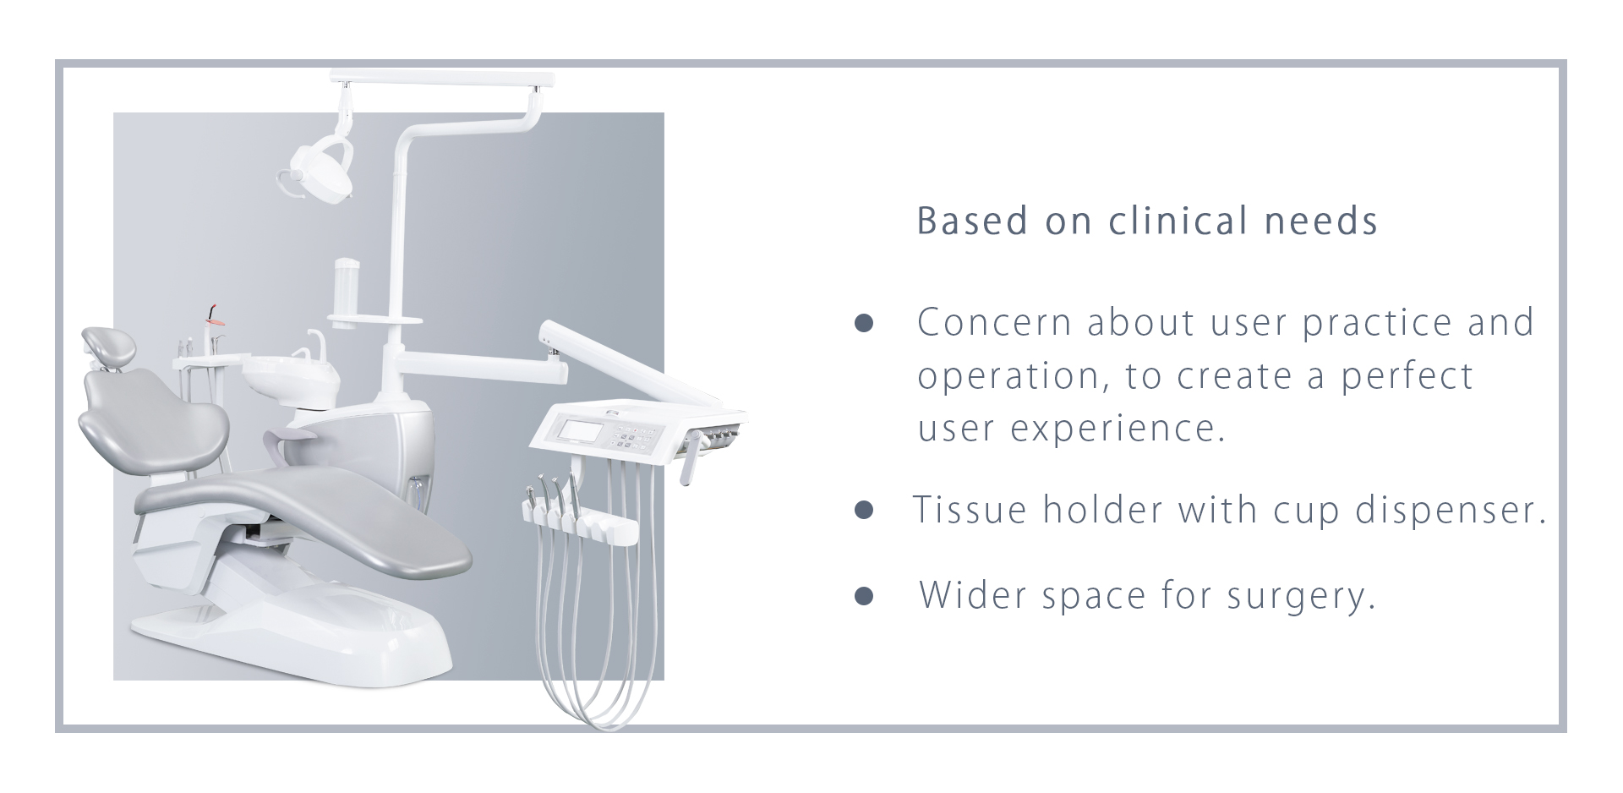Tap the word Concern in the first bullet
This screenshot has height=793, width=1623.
point(994,322)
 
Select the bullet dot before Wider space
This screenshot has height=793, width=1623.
point(863,596)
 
